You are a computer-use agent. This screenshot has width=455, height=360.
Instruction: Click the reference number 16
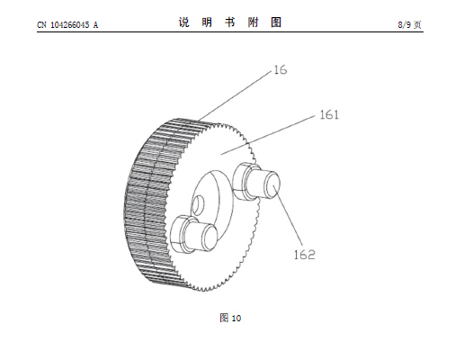click(x=281, y=70)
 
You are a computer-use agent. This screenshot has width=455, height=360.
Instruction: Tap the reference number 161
click(x=329, y=115)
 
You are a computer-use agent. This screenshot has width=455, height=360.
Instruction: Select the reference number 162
click(x=304, y=255)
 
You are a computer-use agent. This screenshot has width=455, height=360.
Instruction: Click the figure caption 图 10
click(x=230, y=318)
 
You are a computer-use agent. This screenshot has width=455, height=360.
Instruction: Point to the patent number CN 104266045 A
click(x=67, y=25)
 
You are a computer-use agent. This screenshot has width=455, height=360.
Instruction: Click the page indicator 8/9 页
click(x=410, y=24)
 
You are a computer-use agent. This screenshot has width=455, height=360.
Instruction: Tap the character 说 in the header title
click(x=184, y=22)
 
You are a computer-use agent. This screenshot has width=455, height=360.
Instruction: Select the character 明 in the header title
click(x=207, y=22)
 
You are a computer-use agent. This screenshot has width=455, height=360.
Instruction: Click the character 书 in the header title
click(x=230, y=22)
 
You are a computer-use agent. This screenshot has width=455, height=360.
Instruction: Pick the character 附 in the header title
click(x=253, y=22)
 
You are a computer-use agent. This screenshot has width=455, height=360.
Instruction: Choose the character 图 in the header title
click(x=276, y=22)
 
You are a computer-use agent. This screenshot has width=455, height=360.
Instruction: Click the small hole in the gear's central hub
click(x=198, y=205)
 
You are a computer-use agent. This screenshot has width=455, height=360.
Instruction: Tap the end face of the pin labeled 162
click(x=272, y=184)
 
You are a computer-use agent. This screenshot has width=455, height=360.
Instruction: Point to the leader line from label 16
click(x=236, y=95)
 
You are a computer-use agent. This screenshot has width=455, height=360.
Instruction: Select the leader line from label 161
click(x=268, y=135)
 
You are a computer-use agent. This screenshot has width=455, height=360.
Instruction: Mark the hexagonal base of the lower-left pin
click(x=183, y=234)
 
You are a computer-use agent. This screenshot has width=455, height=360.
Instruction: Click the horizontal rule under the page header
click(x=230, y=31)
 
